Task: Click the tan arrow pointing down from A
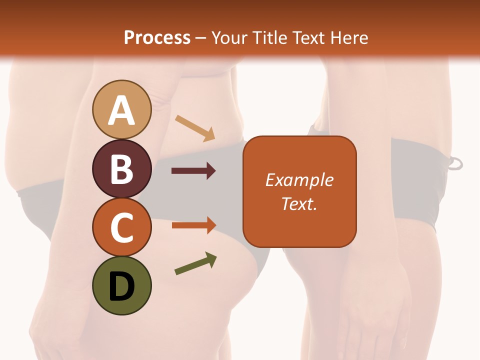click(195, 128)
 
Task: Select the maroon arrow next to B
click(193, 171)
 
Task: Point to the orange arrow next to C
click(193, 225)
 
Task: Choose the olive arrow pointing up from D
click(195, 263)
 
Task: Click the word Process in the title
click(157, 38)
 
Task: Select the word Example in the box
click(299, 180)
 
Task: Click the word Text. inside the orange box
click(299, 204)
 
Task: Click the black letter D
click(122, 286)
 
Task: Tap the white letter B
click(122, 169)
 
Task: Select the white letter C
click(122, 227)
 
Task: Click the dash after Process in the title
click(201, 38)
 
